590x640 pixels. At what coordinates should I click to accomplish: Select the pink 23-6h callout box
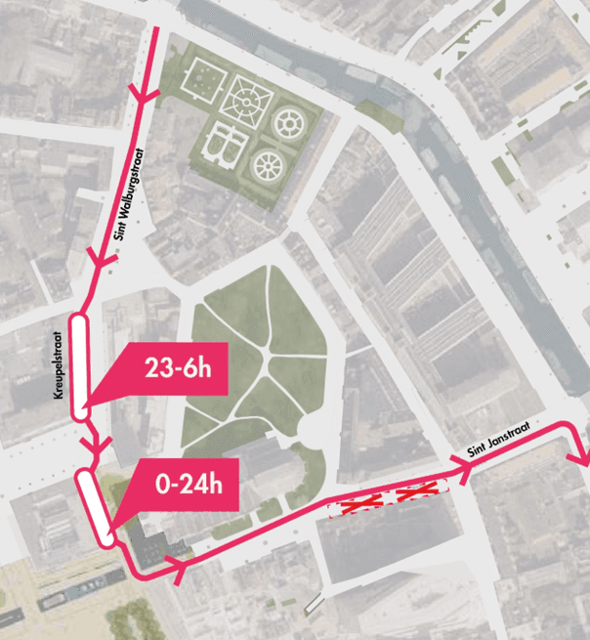175,369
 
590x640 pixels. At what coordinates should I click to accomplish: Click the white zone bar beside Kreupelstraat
79,364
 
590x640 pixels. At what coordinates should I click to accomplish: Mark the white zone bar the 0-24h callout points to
96,506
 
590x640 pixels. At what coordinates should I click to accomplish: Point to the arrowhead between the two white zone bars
95,447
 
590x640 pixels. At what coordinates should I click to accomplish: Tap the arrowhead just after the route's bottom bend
177,568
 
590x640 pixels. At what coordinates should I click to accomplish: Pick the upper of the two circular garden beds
290,124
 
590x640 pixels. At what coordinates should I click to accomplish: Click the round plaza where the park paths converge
315,427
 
